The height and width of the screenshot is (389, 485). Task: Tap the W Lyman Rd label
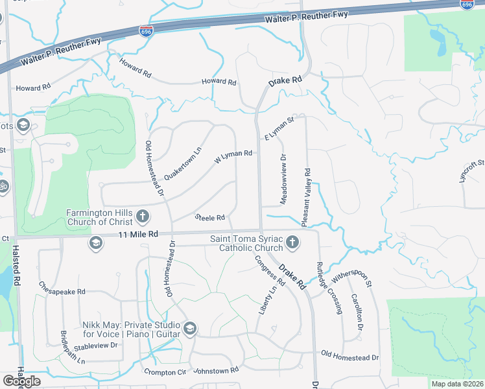[232, 154]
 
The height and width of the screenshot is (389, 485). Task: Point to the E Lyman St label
[279, 128]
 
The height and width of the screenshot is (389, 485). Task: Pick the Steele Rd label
[209, 217]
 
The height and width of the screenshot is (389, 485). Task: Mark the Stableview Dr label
[95, 346]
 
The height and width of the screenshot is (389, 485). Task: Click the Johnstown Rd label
[217, 370]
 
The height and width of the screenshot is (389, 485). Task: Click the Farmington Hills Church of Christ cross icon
[143, 216]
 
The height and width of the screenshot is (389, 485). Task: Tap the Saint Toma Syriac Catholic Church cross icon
[292, 242]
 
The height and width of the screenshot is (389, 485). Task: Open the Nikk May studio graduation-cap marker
[189, 329]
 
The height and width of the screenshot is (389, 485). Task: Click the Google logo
[21, 381]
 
